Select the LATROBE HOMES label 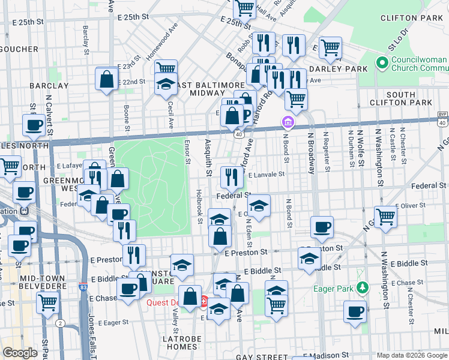(170, 342)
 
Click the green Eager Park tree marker (361, 289)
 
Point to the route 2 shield (60, 323)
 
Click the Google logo (20, 353)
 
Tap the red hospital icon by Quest (205, 301)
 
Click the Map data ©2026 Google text (411, 356)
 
